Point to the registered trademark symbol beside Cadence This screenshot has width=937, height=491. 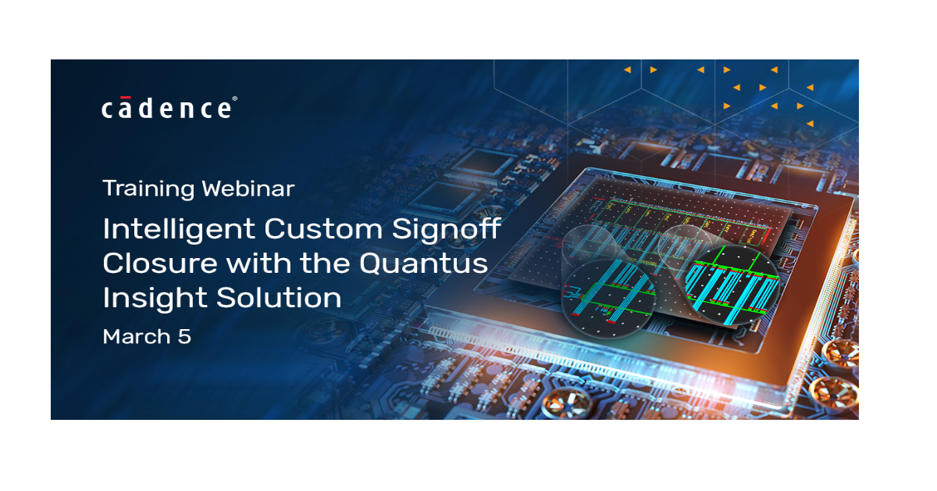coord(235,100)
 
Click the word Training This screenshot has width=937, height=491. coord(148,189)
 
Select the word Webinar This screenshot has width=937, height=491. coord(248,189)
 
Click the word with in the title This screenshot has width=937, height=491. coord(255,263)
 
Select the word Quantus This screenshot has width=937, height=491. coord(424,264)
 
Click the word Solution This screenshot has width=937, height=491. coord(277,298)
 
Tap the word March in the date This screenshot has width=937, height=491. coord(137,336)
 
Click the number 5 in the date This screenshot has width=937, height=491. coord(185,336)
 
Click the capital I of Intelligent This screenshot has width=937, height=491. coord(106,229)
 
